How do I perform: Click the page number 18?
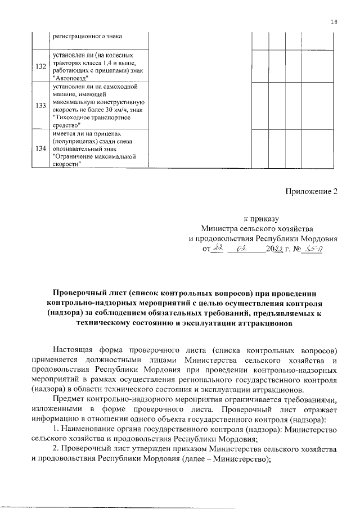pyautogui.click(x=334, y=22)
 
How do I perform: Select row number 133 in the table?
pyautogui.click(x=40, y=106)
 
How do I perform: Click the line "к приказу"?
pyautogui.click(x=260, y=219)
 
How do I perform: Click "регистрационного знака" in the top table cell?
pyautogui.click(x=87, y=37)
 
